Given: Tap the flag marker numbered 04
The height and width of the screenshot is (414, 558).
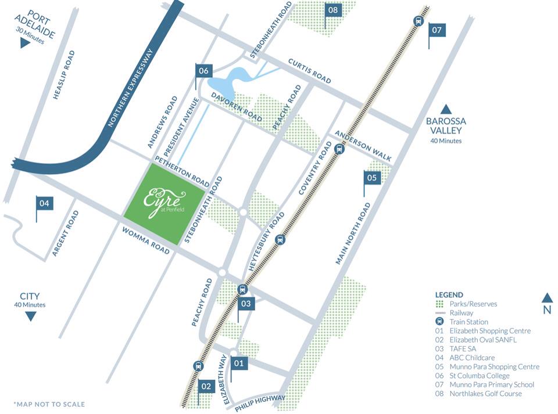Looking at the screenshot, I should click(x=45, y=203).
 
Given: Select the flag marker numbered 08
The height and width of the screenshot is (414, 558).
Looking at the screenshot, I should click(x=333, y=10).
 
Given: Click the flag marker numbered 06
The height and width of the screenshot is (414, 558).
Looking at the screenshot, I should click(x=203, y=71).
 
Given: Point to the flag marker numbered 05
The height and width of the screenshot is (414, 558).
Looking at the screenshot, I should click(x=373, y=178).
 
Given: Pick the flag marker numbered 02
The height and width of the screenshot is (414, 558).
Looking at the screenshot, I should click(x=206, y=386).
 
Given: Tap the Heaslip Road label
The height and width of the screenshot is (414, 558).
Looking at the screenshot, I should click(x=64, y=74).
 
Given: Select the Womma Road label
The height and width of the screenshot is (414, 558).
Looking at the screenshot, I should click(x=146, y=240).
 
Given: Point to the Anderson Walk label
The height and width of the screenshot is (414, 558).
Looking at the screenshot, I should click(x=363, y=145).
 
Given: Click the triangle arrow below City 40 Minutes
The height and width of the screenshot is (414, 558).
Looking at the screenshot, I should click(x=30, y=316).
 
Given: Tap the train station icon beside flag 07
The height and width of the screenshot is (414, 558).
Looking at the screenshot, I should click(x=417, y=21).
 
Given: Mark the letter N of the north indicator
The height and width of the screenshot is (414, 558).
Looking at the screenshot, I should click(x=547, y=310).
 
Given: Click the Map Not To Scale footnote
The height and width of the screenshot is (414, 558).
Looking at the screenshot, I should click(x=49, y=404).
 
